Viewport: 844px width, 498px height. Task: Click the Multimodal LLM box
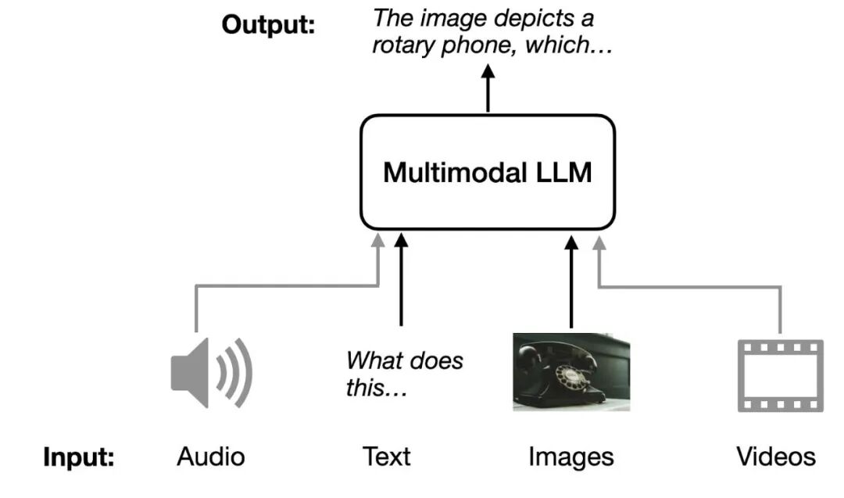(x=488, y=172)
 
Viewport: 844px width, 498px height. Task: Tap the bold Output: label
(x=268, y=24)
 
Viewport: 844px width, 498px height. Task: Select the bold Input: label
(x=78, y=457)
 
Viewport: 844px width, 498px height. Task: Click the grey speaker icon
(x=211, y=372)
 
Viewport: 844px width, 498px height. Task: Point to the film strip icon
(x=781, y=375)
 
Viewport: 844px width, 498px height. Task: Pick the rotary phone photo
(x=571, y=371)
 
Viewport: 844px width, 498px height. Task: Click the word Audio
(x=211, y=457)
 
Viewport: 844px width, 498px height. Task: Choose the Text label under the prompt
(x=386, y=457)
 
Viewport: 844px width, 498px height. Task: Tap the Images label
(x=570, y=457)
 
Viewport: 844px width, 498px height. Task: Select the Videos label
(x=775, y=457)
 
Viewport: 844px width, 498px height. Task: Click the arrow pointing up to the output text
(x=488, y=88)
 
